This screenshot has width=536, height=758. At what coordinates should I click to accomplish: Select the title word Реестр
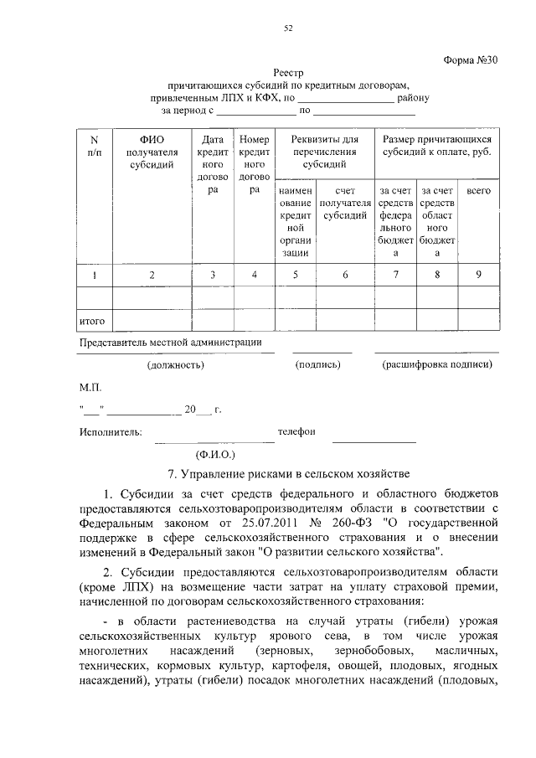point(289,73)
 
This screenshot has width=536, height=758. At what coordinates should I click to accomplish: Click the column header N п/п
point(94,146)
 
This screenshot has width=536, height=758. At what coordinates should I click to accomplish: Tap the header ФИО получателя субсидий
point(152,152)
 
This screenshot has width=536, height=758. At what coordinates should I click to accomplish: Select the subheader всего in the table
point(478,191)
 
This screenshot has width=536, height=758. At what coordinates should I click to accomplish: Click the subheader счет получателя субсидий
point(345,203)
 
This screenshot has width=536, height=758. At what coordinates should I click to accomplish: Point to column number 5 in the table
point(295,275)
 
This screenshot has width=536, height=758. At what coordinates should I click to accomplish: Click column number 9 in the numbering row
point(478,275)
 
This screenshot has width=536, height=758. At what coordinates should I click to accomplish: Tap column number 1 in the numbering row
point(94,275)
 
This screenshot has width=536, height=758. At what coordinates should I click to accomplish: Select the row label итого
point(90,321)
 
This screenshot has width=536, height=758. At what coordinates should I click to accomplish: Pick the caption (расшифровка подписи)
point(437,365)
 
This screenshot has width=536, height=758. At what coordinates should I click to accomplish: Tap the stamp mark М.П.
point(90,388)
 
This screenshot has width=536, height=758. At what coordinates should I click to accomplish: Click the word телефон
point(296,431)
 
